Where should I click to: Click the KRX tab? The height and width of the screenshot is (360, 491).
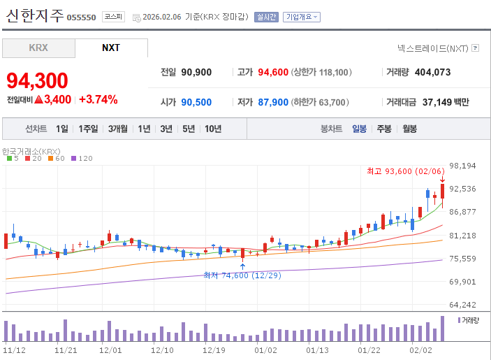coord(38,48)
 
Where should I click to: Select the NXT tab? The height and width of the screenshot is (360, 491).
coord(111,48)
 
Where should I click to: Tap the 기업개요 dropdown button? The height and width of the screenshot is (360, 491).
coord(302,17)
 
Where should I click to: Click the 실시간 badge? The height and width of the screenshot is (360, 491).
coord(266,17)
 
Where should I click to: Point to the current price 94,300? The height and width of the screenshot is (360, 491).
coord(37,80)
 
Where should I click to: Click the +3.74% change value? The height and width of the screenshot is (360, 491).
coord(98,100)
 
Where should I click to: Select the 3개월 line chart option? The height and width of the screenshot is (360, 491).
coord(118,129)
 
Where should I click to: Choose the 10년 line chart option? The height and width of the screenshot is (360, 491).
coord(213,129)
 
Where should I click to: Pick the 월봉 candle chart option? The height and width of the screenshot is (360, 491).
coord(409,129)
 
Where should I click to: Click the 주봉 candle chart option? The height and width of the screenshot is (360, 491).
coord(384,129)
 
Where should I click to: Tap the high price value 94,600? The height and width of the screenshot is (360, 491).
coord(273,73)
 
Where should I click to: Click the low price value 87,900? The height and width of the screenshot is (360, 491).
coord(273,102)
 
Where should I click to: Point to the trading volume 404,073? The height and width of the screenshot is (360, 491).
coord(432,73)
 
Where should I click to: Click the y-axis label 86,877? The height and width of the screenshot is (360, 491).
coord(462,212)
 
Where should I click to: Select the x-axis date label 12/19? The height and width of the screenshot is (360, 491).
coord(214,350)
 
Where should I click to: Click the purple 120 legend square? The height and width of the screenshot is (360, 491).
coord(73,159)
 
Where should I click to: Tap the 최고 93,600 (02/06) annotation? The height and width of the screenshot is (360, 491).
coord(406,171)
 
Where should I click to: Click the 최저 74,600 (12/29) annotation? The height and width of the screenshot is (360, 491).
coord(242,275)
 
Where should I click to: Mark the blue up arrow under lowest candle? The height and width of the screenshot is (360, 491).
coord(242,266)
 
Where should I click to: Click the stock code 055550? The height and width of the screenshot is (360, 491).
coord(81,17)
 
